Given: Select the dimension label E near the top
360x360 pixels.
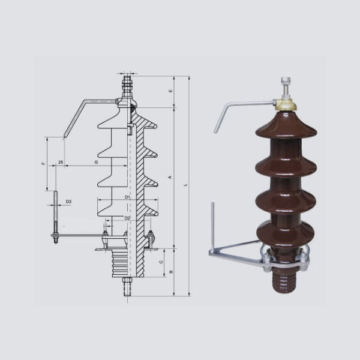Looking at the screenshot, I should click(x=170, y=91).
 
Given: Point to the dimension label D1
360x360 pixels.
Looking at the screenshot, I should click(x=128, y=197).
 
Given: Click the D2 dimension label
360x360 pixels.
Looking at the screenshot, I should click(x=127, y=217).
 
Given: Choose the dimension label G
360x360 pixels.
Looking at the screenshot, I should click(x=96, y=163).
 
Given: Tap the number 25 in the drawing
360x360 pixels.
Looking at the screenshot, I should click(x=61, y=163).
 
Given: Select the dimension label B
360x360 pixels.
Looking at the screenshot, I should click(x=170, y=271).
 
